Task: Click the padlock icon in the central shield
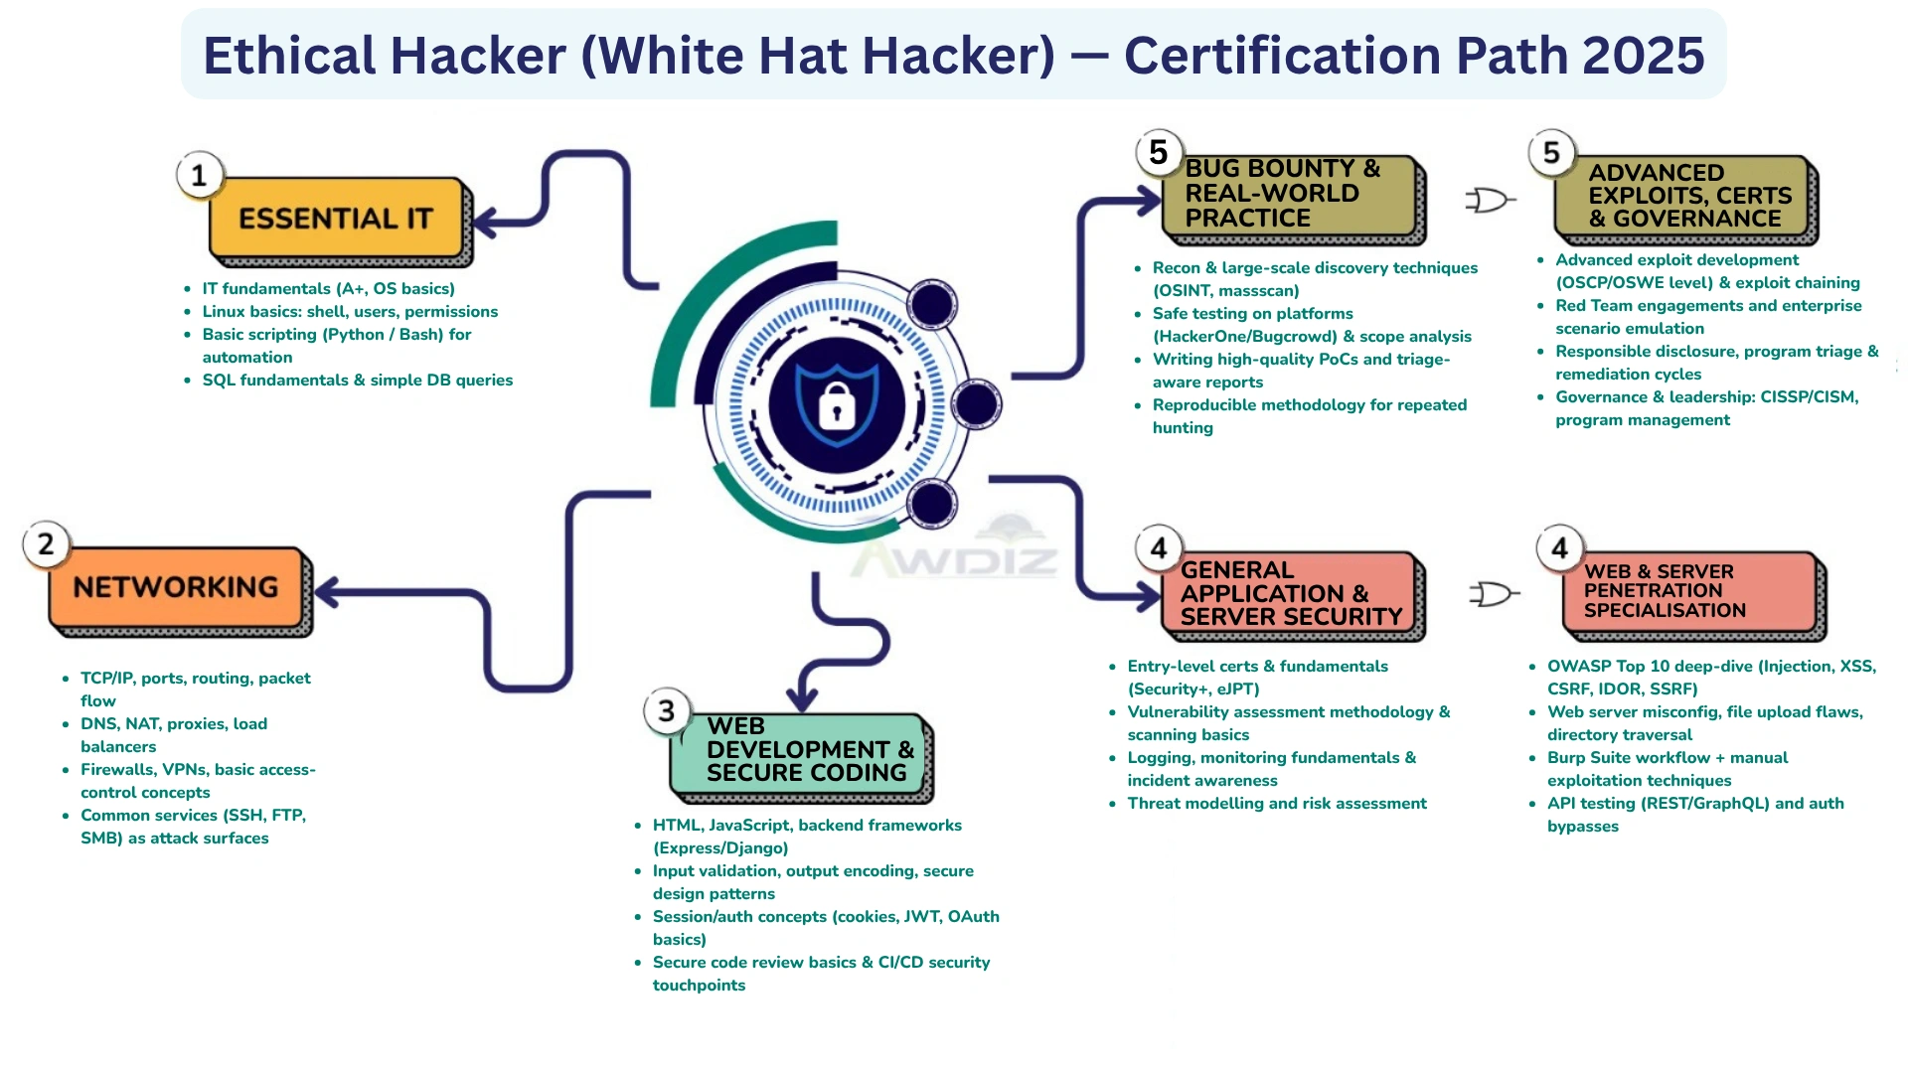[x=837, y=405]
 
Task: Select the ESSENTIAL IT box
[x=336, y=219]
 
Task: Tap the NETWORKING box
[x=176, y=588]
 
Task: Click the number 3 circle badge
[x=666, y=711]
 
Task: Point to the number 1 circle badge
[x=200, y=176]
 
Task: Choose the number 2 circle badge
[x=46, y=544]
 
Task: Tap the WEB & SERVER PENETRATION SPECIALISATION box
[x=1689, y=592]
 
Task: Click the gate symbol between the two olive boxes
[x=1490, y=201]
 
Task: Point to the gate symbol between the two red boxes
[x=1494, y=594]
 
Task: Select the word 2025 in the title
[x=1643, y=56]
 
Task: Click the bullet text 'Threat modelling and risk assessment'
[x=1277, y=804]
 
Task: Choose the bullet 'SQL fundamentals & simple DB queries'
[x=358, y=381]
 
